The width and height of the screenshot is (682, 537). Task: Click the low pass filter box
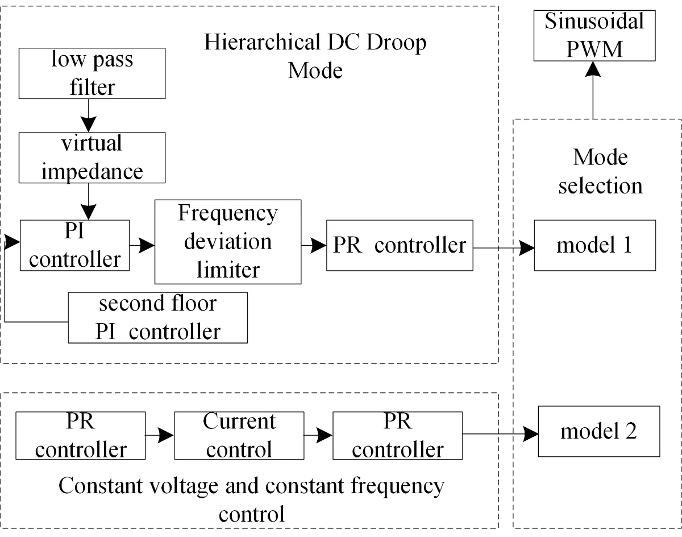(x=92, y=73)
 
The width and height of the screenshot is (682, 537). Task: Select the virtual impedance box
(x=92, y=157)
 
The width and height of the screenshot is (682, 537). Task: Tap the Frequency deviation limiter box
(x=228, y=241)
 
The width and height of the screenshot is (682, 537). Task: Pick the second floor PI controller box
(x=157, y=317)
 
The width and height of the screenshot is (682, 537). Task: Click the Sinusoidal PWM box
(x=594, y=35)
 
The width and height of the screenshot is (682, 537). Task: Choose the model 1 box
(x=594, y=245)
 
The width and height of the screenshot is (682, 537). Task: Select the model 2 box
(x=598, y=431)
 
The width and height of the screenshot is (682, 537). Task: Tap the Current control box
(x=239, y=436)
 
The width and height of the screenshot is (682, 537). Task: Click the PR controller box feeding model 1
(x=400, y=245)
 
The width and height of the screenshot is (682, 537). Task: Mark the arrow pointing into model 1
(x=526, y=248)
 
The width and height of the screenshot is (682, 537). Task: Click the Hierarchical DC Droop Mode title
(x=315, y=56)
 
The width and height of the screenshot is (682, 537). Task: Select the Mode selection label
(x=600, y=171)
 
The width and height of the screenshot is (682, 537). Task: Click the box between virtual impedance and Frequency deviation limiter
(x=74, y=245)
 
